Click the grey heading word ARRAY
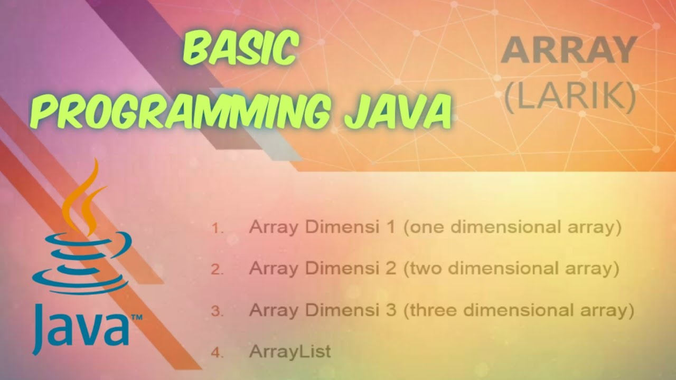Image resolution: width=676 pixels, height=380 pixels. [568, 51]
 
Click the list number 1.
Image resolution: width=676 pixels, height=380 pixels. [218, 229]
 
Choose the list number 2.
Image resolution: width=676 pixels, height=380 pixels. [218, 270]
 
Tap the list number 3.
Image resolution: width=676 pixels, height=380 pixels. [218, 311]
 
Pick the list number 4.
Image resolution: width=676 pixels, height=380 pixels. [218, 352]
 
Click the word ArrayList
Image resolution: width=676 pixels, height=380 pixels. [290, 351]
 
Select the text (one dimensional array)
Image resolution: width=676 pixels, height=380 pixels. [512, 227]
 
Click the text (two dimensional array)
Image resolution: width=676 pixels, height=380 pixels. [511, 268]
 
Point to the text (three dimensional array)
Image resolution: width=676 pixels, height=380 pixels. [519, 309]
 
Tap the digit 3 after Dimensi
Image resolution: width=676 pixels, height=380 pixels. [390, 309]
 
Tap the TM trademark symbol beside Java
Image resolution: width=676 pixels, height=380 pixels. [136, 318]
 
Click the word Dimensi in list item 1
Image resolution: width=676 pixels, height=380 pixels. [346, 227]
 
